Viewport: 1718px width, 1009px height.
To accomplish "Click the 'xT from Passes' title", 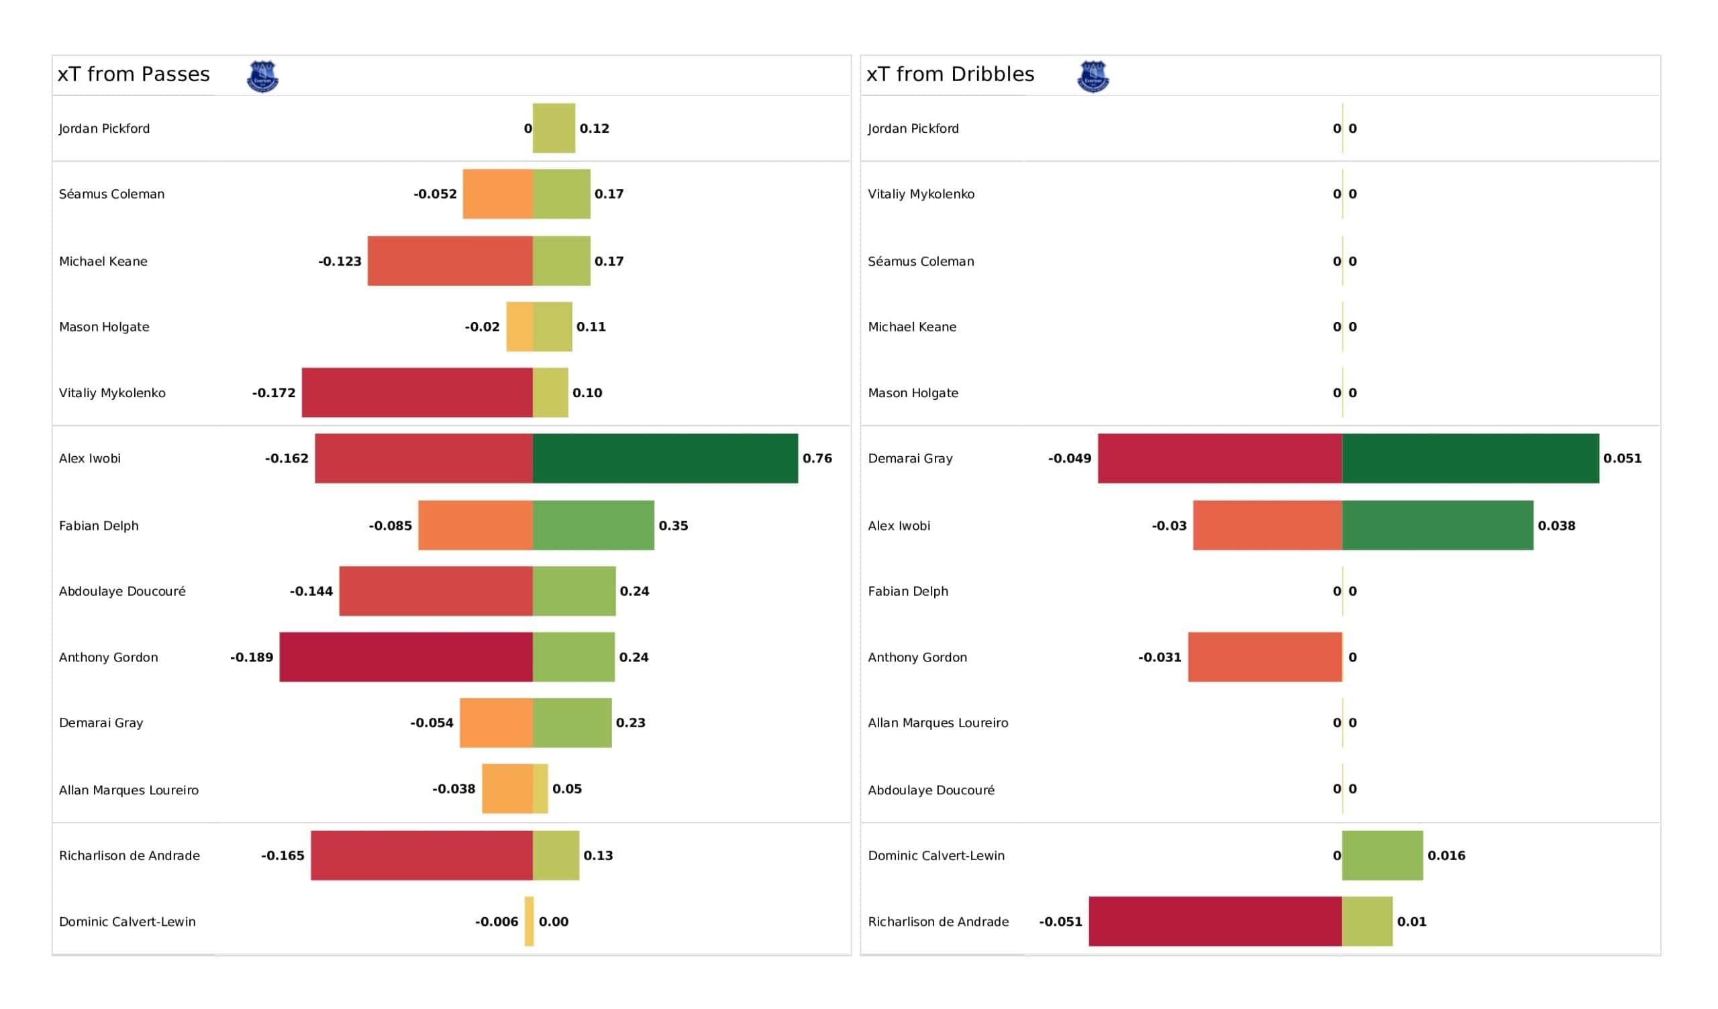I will click(134, 74).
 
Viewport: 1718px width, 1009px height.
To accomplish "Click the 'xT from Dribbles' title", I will click(950, 74).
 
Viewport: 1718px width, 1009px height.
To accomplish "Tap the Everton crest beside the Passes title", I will click(262, 76).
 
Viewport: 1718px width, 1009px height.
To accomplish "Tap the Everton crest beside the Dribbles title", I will click(1093, 76).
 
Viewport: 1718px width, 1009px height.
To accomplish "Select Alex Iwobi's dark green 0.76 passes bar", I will click(665, 459).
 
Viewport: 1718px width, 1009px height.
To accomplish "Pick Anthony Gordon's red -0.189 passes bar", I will click(406, 657).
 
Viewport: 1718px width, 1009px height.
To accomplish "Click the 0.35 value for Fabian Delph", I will click(674, 526).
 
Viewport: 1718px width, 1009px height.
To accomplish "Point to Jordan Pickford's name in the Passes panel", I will click(104, 129).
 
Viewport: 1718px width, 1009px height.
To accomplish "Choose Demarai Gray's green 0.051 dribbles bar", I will click(1470, 459).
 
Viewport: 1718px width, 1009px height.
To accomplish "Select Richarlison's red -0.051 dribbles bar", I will click(1215, 922).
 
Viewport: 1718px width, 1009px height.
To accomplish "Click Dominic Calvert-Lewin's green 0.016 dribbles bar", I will click(1382, 855).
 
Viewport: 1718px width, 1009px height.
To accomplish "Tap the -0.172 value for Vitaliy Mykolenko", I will click(274, 393).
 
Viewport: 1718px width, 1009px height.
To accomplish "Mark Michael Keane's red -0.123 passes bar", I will click(450, 261).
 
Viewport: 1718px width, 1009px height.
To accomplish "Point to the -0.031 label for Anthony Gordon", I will click(1160, 657).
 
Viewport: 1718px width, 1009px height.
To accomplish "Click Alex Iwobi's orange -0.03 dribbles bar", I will click(1268, 526).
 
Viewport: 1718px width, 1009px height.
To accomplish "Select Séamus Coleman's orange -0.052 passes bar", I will click(498, 195).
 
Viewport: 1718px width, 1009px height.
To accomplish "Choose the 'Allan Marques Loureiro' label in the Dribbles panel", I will click(938, 723).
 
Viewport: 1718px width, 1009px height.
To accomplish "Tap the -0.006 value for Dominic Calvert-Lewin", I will click(497, 922).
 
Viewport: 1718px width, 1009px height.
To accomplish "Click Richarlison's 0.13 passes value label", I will click(599, 855).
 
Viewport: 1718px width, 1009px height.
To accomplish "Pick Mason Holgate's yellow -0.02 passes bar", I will click(519, 327).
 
